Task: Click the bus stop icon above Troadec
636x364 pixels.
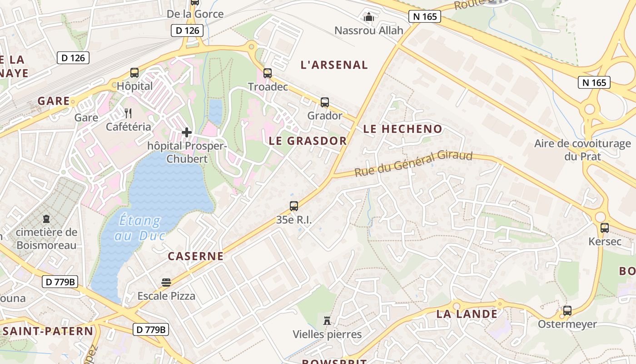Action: tap(268, 73)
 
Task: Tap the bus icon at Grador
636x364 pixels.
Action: tap(324, 102)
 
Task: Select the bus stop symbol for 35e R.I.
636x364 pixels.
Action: tap(294, 206)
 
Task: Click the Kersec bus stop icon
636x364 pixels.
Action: tap(604, 227)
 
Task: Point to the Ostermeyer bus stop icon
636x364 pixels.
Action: tap(567, 311)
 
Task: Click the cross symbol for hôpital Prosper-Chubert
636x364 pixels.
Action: tap(186, 132)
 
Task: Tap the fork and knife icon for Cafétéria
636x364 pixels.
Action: tap(129, 113)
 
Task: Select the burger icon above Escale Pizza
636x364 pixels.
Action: tap(166, 283)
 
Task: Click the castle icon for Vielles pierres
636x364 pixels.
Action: tap(327, 320)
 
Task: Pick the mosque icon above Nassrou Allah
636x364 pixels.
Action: tap(369, 17)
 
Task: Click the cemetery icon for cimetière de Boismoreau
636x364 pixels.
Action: tap(46, 219)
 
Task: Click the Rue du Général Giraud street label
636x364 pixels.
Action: tap(413, 164)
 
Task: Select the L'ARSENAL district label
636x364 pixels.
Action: tap(334, 65)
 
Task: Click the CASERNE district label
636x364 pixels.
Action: tap(196, 256)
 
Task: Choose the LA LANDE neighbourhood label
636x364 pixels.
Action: tap(467, 314)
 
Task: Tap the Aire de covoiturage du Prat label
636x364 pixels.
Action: tap(582, 150)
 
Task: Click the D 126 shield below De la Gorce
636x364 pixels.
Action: tap(187, 30)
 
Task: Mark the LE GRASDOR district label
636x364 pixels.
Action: tap(308, 141)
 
